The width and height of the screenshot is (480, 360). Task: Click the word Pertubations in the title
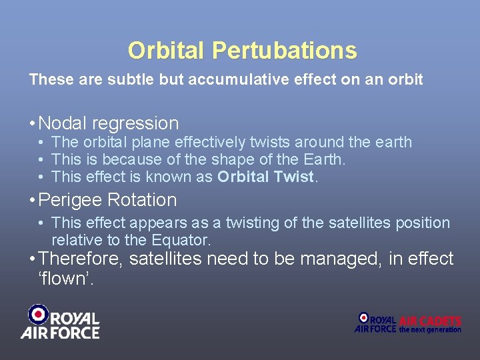285,51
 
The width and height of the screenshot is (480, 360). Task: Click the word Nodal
63,123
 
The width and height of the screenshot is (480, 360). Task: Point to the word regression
136,124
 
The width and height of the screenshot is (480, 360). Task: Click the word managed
340,259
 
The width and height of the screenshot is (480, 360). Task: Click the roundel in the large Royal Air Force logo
38,314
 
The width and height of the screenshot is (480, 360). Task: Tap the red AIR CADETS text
431,321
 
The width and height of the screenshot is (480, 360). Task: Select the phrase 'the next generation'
430,330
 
